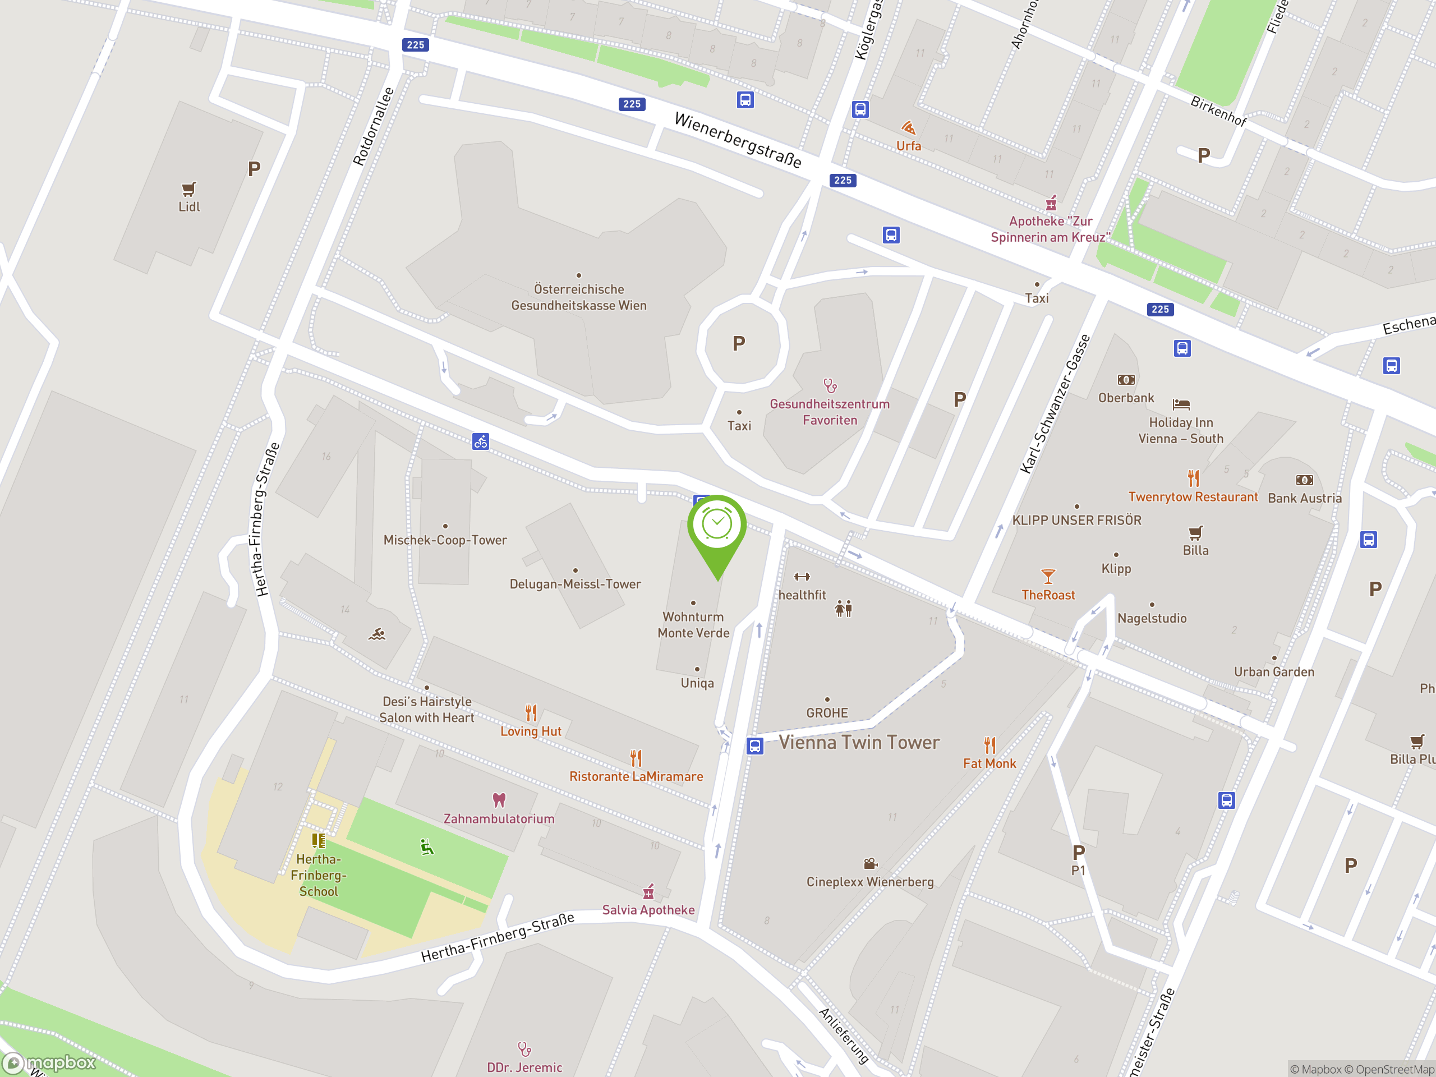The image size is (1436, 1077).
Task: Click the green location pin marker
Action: (717, 527)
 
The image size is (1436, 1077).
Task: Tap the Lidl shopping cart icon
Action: (188, 189)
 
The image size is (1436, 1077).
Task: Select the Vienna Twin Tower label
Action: (858, 742)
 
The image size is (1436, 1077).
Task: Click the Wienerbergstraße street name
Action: (738, 140)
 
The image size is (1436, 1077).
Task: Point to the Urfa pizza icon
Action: (908, 127)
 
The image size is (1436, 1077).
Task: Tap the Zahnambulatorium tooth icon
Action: (499, 800)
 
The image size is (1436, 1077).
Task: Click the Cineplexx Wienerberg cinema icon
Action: (870, 863)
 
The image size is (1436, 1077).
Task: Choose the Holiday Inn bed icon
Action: (1181, 404)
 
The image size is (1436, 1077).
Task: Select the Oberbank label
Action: (1126, 398)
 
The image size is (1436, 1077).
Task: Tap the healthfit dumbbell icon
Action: (802, 577)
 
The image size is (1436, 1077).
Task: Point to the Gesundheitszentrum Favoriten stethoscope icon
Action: (830, 385)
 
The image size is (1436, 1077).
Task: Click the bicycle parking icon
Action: (480, 442)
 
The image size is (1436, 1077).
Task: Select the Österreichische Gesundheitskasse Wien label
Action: (578, 297)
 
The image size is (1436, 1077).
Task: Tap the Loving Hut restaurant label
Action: (531, 731)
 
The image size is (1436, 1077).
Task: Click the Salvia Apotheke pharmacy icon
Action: (648, 891)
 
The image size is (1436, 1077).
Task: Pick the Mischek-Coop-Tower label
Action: (445, 540)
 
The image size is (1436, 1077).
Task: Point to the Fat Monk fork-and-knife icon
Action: (989, 744)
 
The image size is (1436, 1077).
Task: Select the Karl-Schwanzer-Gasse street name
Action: (1055, 404)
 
